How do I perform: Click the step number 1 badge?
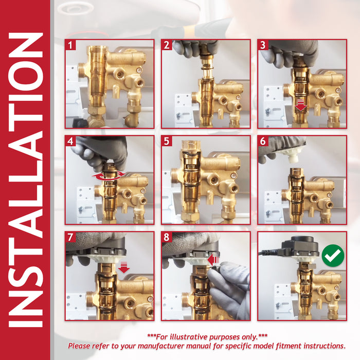[70, 45]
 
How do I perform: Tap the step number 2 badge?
[167, 45]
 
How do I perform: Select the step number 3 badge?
[263, 45]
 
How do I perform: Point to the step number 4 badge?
[70, 141]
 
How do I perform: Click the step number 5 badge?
[167, 141]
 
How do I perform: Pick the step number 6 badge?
[263, 141]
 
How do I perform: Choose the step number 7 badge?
[70, 237]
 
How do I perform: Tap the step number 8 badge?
[167, 237]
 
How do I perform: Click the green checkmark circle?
[333, 255]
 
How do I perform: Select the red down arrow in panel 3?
[301, 105]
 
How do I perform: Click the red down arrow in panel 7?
[124, 267]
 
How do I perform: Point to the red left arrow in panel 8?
[213, 260]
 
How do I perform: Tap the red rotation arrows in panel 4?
[109, 176]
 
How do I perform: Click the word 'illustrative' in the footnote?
[189, 337]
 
